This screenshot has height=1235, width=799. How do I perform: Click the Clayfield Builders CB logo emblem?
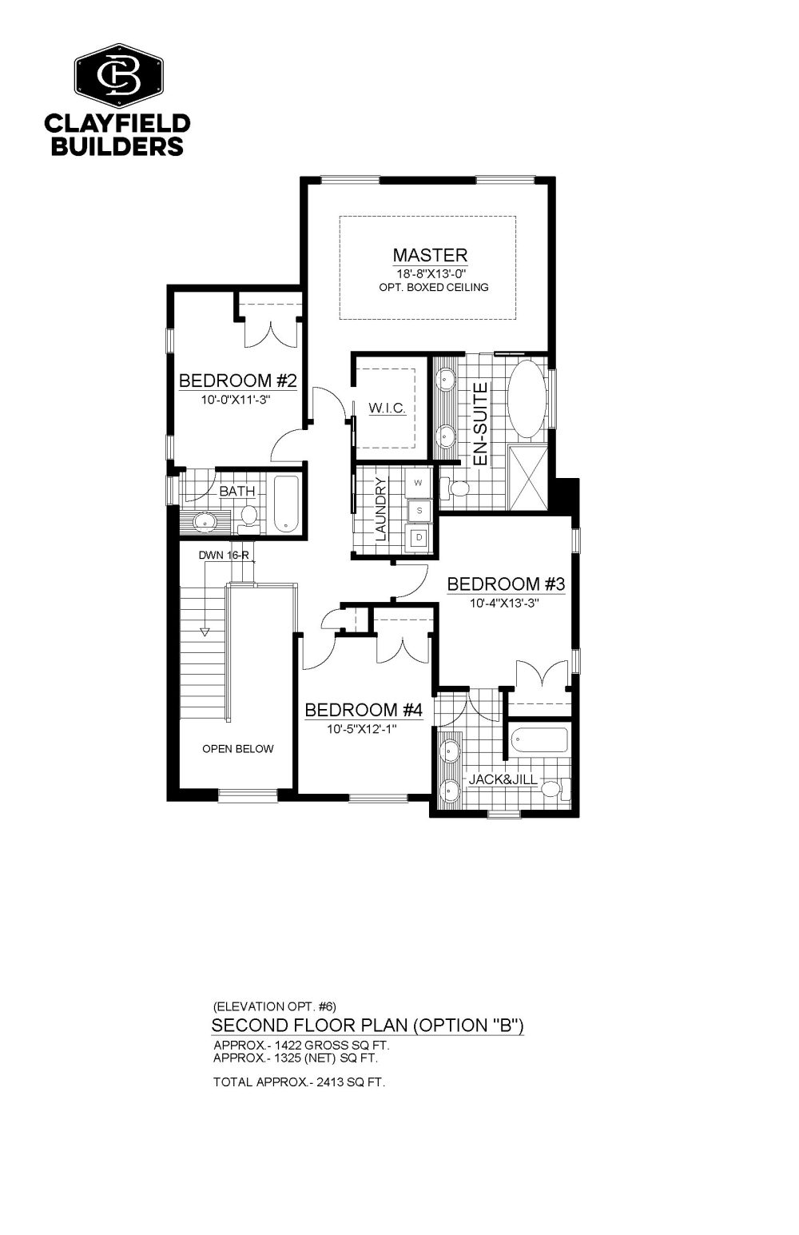pyautogui.click(x=119, y=75)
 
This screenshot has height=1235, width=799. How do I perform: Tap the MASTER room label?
pyautogui.click(x=430, y=255)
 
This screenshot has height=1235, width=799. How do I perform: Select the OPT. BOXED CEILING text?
pyautogui.click(x=434, y=287)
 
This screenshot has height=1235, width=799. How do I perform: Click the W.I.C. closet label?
pyautogui.click(x=387, y=408)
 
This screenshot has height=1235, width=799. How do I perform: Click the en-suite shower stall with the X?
pyautogui.click(x=528, y=477)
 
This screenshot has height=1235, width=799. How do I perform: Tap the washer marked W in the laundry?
pyautogui.click(x=418, y=483)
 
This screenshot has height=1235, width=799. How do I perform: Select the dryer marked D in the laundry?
pyautogui.click(x=419, y=537)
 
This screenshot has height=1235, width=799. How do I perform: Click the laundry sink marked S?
pyautogui.click(x=419, y=511)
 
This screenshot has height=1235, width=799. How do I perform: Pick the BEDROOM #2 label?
pyautogui.click(x=238, y=380)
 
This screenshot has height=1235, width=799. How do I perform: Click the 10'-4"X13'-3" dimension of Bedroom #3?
pyautogui.click(x=503, y=604)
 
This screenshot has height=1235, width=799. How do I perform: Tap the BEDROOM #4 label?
pyautogui.click(x=364, y=710)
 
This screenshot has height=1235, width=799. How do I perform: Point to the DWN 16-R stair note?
pyautogui.click(x=224, y=556)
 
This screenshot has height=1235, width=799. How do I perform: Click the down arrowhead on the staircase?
pyautogui.click(x=205, y=631)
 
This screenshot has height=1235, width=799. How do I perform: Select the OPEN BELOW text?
pyautogui.click(x=238, y=749)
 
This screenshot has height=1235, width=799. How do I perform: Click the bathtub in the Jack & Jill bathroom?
pyautogui.click(x=539, y=740)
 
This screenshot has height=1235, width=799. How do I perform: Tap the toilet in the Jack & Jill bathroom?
pyautogui.click(x=555, y=787)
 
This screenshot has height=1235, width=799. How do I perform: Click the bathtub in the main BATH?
pyautogui.click(x=287, y=503)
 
